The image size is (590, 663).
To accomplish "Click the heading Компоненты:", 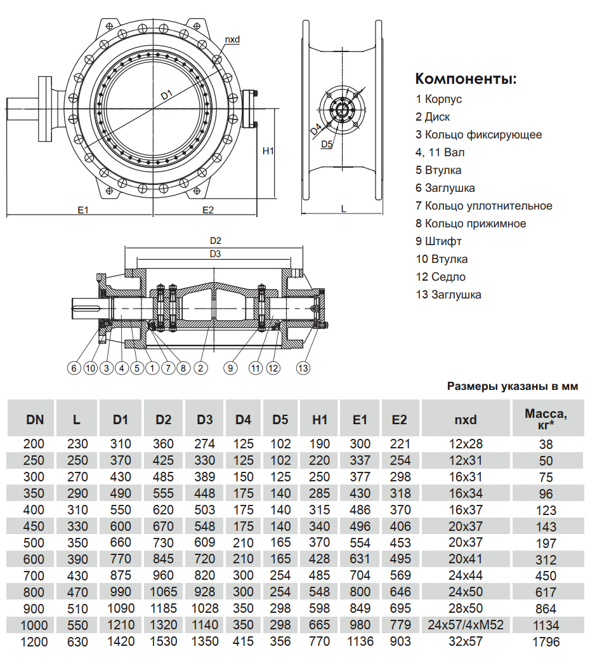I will [466, 79].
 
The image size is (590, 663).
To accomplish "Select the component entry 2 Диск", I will [433, 117].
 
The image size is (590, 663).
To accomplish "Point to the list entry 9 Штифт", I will [438, 241].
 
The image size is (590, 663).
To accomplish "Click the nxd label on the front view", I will [232, 39].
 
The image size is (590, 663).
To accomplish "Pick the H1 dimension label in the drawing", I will [268, 151].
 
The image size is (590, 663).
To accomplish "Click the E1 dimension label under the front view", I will [82, 210].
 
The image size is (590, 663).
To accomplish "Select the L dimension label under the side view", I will [343, 208].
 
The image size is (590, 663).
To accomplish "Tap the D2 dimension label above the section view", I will [215, 241].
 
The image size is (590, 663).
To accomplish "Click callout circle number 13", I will [303, 368].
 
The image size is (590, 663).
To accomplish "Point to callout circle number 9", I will [231, 368].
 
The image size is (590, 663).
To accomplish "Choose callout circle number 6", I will [74, 368].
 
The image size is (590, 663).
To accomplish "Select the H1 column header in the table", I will [320, 419].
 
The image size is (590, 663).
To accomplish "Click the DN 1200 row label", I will [35, 641].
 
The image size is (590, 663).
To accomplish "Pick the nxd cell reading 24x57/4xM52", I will [466, 625].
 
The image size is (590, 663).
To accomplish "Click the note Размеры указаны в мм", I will [517, 385].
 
